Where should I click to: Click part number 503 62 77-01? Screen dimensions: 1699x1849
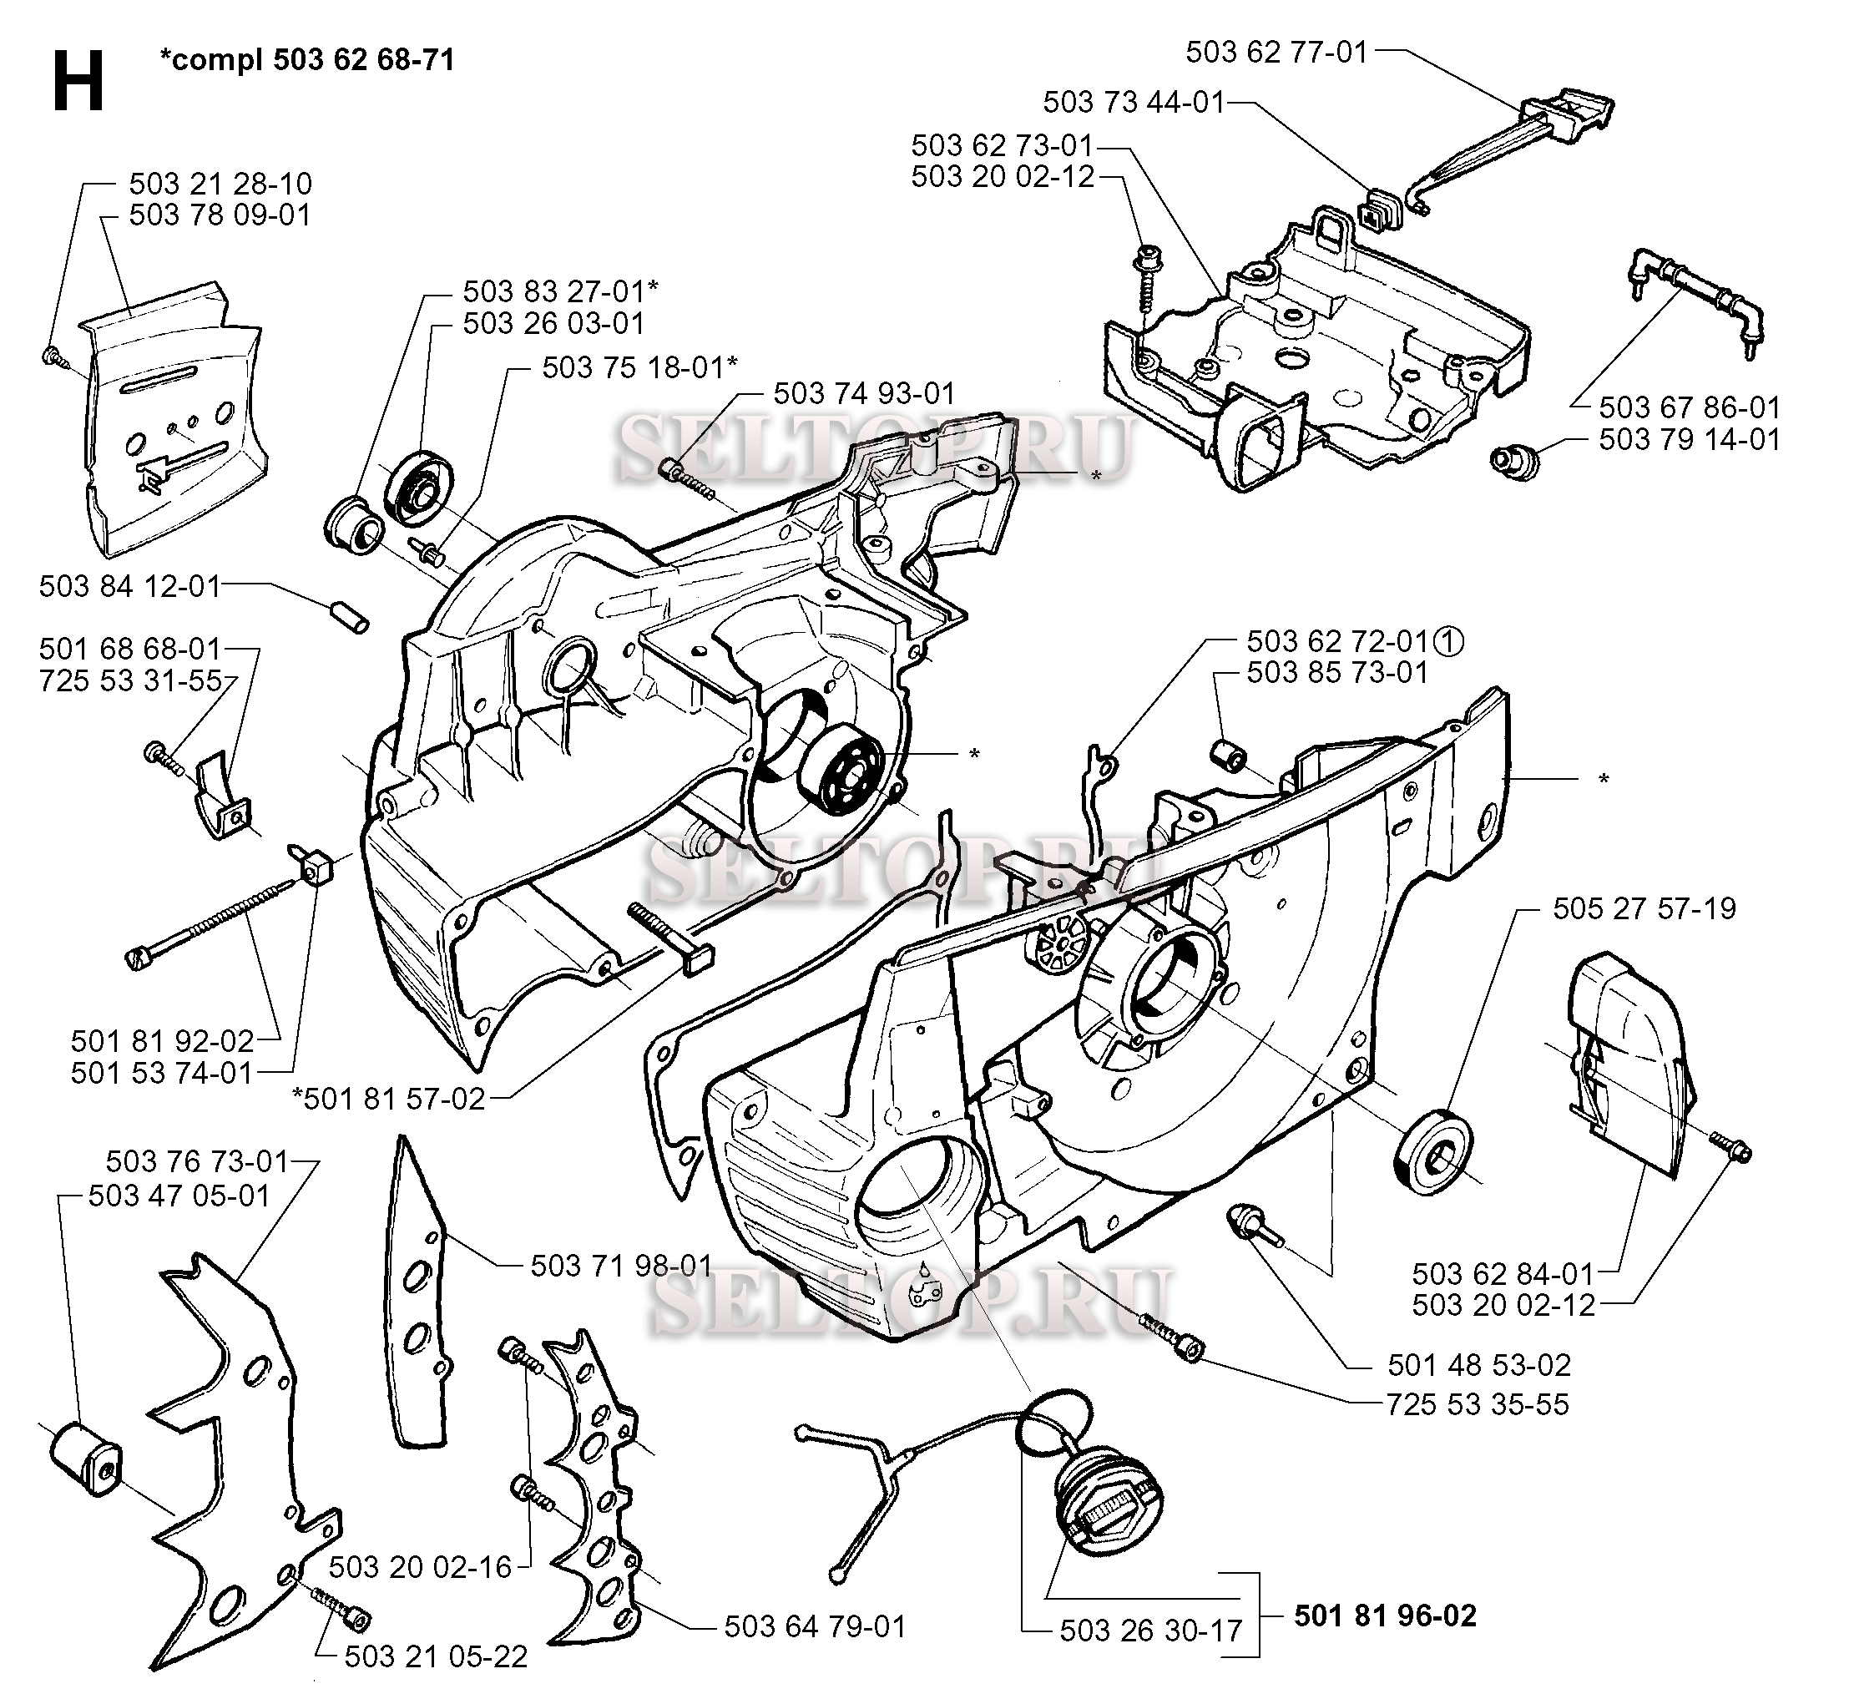pos(1276,53)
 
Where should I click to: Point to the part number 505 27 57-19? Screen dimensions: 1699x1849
pos(1644,908)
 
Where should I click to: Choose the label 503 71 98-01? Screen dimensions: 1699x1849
pos(621,1266)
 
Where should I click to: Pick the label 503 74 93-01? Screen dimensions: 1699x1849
pos(864,393)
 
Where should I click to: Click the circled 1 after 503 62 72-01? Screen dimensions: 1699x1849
pos(1448,642)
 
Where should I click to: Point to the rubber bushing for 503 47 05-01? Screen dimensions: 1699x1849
pos(84,1461)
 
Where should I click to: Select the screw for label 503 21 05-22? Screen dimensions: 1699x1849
pos(342,1624)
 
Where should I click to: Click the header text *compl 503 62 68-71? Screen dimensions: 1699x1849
pos(307,60)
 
